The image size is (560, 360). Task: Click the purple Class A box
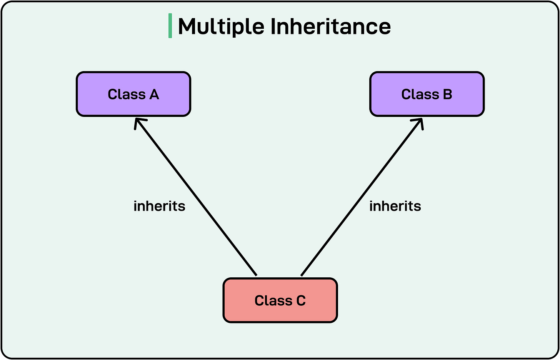point(133,94)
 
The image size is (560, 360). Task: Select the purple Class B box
point(427,94)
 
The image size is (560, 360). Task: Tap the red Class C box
point(280,300)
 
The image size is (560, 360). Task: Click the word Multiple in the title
point(221,27)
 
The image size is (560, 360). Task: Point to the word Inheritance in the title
point(330,27)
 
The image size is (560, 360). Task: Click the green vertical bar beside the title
point(170,26)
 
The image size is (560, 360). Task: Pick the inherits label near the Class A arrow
point(159,206)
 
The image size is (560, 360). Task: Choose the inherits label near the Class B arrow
point(395,206)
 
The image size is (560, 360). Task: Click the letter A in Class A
point(154,94)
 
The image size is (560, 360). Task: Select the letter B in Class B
point(447,94)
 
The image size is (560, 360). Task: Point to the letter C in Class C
point(301,300)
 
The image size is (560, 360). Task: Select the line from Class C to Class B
point(362,198)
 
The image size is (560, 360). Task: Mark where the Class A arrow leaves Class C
point(256,275)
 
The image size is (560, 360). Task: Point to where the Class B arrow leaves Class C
point(302,275)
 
